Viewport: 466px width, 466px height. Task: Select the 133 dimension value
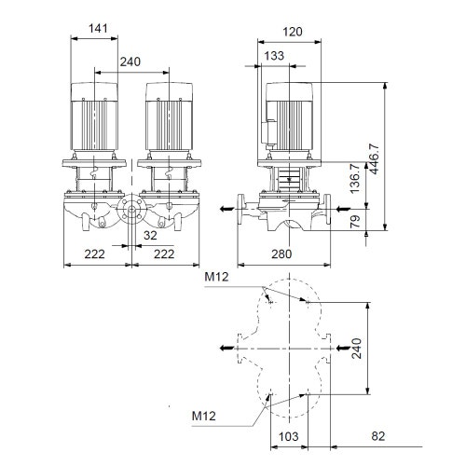274,56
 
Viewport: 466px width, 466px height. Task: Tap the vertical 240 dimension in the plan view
357,349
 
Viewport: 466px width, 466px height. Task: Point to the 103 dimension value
290,436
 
